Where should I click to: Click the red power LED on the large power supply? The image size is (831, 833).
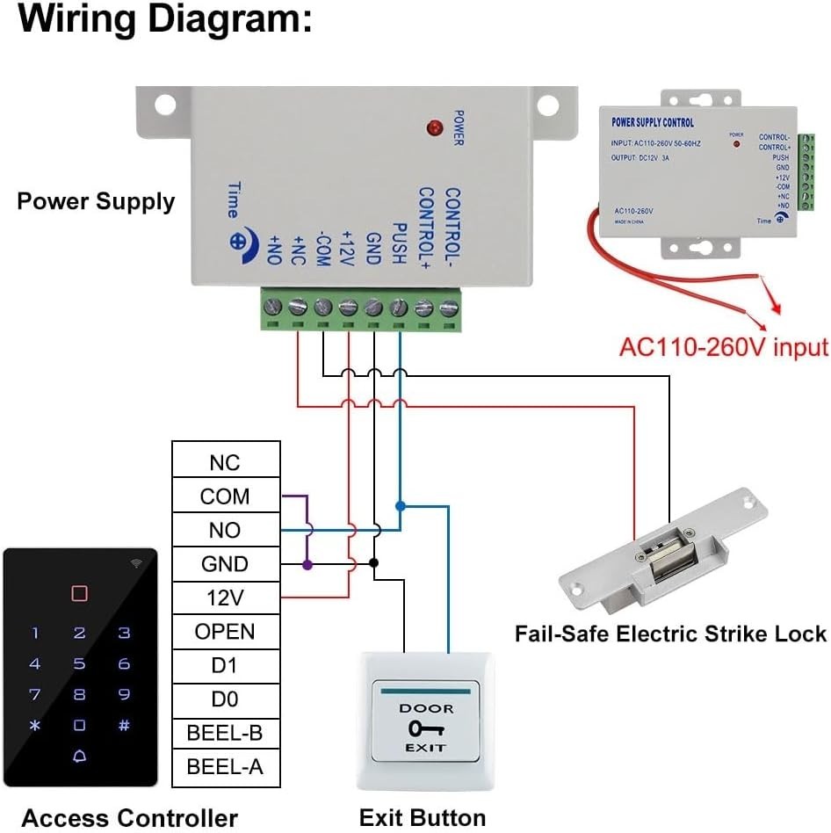pyautogui.click(x=432, y=128)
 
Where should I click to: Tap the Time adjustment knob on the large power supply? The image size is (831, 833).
pyautogui.click(x=238, y=240)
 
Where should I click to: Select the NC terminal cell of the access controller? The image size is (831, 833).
pyautogui.click(x=225, y=462)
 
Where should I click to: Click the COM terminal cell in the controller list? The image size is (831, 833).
pyautogui.click(x=225, y=496)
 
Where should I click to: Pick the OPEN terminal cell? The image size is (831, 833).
pyautogui.click(x=225, y=632)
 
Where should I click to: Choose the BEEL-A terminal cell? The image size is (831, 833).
pyautogui.click(x=225, y=767)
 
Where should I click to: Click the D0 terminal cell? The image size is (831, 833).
pyautogui.click(x=225, y=699)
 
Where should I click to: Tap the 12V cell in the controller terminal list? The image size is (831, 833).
pyautogui.click(x=225, y=598)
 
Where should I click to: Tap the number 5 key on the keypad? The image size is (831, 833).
pyautogui.click(x=79, y=664)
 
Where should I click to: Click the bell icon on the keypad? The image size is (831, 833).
pyautogui.click(x=79, y=757)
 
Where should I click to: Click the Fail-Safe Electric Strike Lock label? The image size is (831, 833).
pyautogui.click(x=670, y=634)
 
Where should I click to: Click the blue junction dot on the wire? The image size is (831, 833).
pyautogui.click(x=400, y=506)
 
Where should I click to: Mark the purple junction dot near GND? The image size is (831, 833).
pyautogui.click(x=307, y=564)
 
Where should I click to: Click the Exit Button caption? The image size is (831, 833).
pyautogui.click(x=423, y=817)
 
